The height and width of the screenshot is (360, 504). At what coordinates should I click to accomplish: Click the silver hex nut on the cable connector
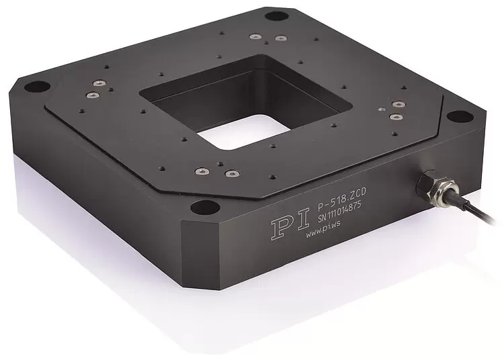pos(425,183)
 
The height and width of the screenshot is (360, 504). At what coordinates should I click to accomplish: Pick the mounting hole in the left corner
pos(38,87)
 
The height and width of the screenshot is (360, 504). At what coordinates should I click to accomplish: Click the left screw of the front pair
pos(201,169)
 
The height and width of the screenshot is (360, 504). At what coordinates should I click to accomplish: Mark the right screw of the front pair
pos(230,174)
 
